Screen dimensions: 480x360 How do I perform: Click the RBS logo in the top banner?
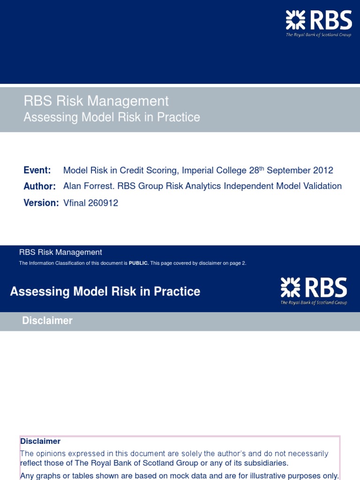click(319, 24)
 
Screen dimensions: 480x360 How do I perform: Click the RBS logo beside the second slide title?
click(314, 290)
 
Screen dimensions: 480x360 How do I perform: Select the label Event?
click(37, 170)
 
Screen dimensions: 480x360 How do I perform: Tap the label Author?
click(39, 186)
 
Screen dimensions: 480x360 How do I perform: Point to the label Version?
click(41, 203)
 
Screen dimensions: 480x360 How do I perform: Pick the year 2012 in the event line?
click(323, 170)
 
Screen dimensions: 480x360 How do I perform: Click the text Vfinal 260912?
click(90, 203)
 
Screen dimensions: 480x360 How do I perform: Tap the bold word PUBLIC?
click(139, 263)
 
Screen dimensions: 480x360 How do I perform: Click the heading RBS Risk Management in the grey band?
click(96, 101)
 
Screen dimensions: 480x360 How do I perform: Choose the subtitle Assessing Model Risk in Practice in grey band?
click(112, 117)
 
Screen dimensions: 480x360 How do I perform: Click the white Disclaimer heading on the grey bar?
click(47, 321)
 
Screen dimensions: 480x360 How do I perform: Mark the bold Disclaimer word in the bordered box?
click(40, 441)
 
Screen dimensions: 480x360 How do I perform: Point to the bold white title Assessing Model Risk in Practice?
click(105, 292)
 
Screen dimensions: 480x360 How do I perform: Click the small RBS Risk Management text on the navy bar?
click(60, 252)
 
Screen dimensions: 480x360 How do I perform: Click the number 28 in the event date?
click(254, 170)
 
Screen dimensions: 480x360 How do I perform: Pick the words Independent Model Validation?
click(283, 186)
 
